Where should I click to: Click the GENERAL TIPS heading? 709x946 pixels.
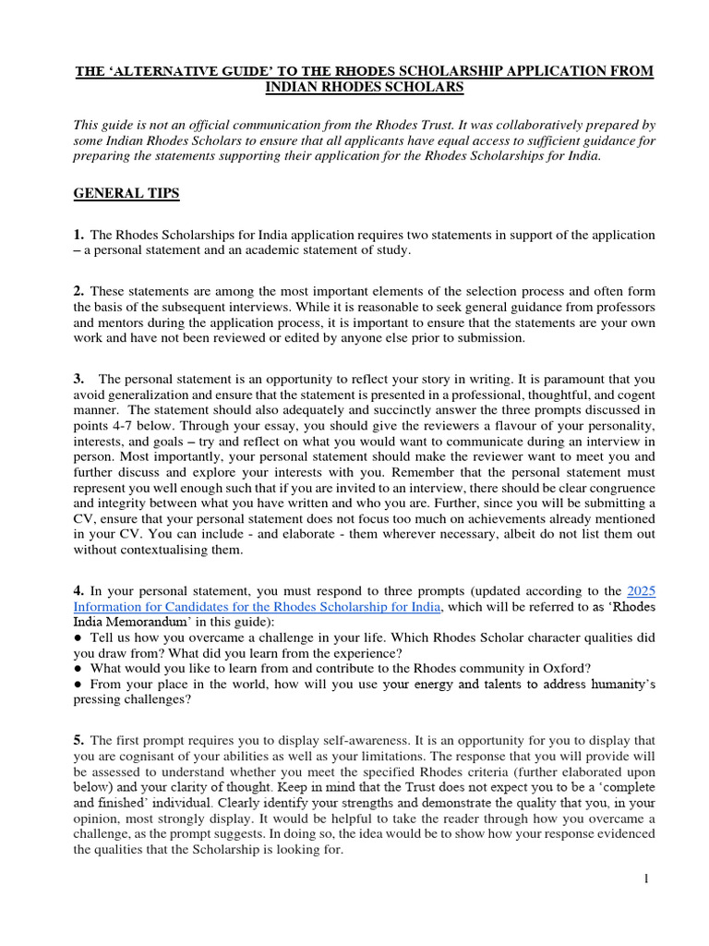pos(126,193)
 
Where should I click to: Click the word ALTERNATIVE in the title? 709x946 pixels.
pos(174,71)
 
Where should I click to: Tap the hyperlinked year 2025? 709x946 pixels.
pos(641,589)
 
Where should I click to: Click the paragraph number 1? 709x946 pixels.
pos(78,235)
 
